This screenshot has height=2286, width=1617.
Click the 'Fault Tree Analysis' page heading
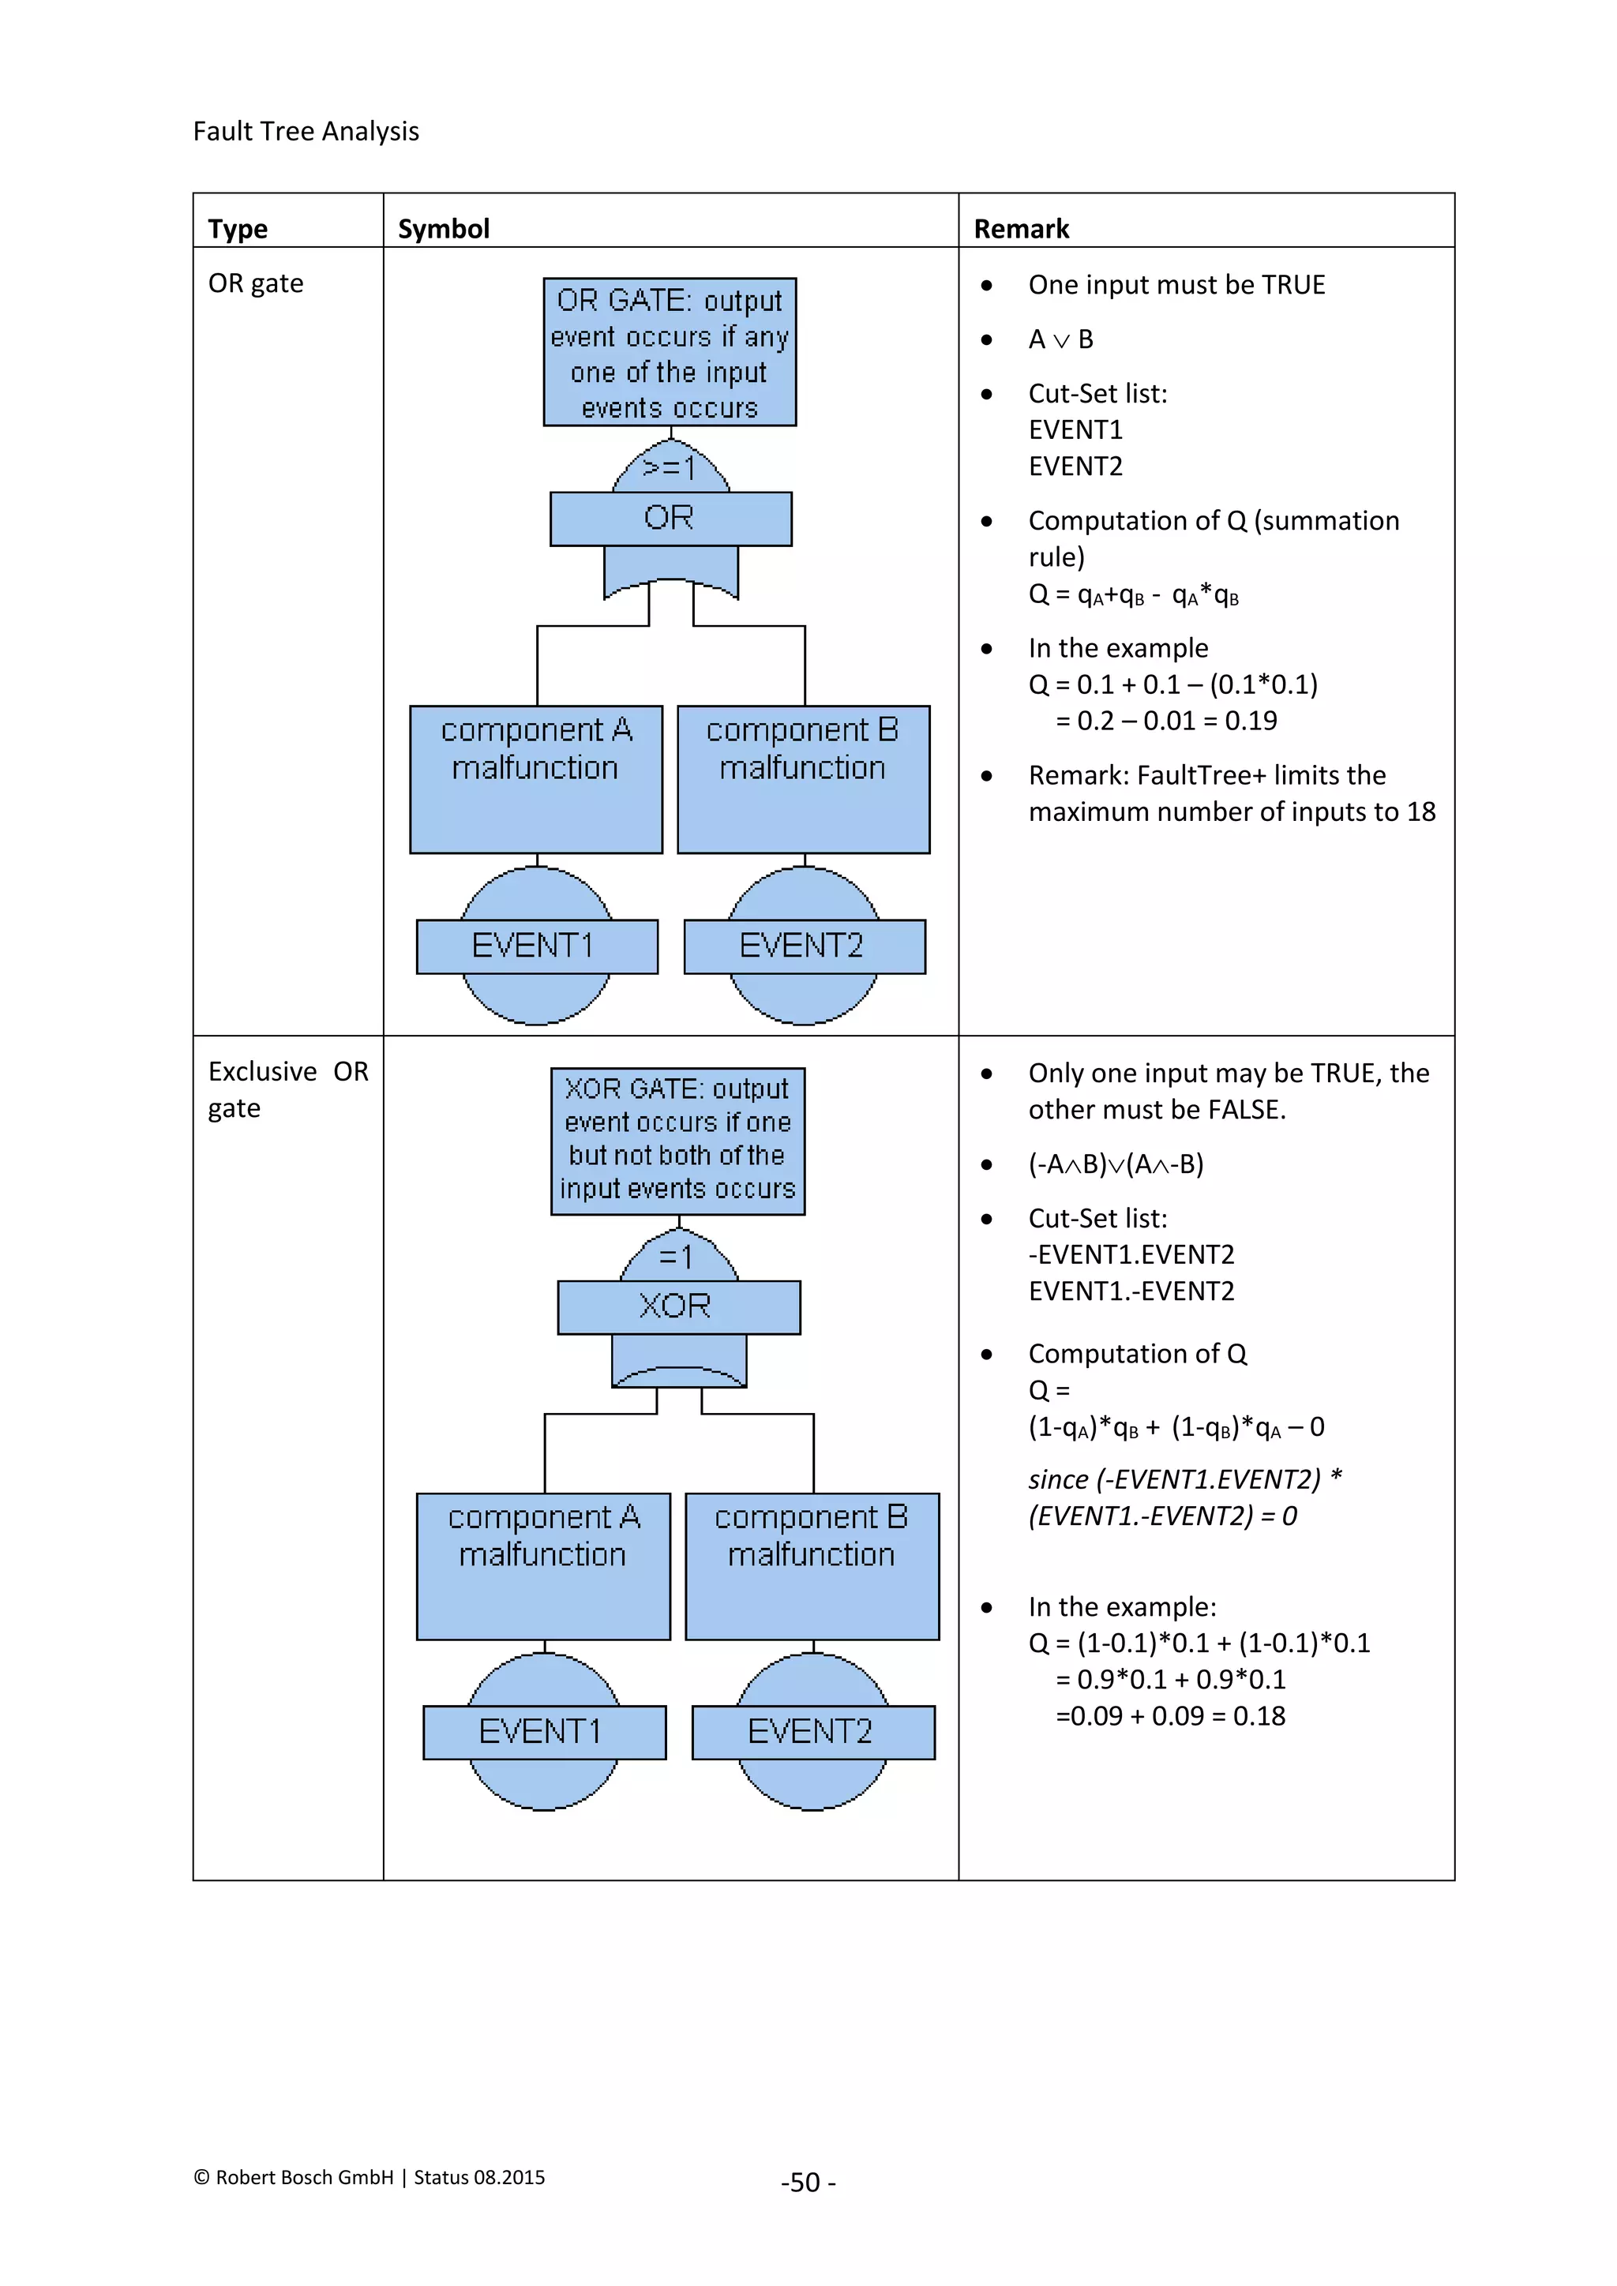[x=306, y=131]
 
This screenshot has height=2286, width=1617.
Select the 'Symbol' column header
[x=443, y=229]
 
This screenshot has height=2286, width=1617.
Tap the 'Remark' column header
[x=1021, y=229]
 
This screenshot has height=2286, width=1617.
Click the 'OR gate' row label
[x=256, y=283]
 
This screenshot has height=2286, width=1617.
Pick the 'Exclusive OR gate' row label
[x=287, y=1089]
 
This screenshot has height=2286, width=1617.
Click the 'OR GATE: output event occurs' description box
[x=669, y=353]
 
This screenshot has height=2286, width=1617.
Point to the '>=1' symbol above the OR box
[x=669, y=467]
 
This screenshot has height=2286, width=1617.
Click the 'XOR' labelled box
[x=678, y=1306]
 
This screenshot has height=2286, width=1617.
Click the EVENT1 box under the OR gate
[x=535, y=946]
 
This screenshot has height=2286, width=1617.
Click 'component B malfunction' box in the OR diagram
[x=802, y=778]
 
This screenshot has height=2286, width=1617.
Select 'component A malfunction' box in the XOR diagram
[x=542, y=1565]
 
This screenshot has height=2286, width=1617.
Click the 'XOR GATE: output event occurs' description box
[x=677, y=1141]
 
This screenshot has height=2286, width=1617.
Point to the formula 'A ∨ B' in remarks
[x=1060, y=339]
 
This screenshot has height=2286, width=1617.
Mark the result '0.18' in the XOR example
[x=1259, y=1715]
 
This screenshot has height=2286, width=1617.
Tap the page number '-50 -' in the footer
[x=808, y=2183]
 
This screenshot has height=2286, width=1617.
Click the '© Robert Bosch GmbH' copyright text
[x=294, y=2178]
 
